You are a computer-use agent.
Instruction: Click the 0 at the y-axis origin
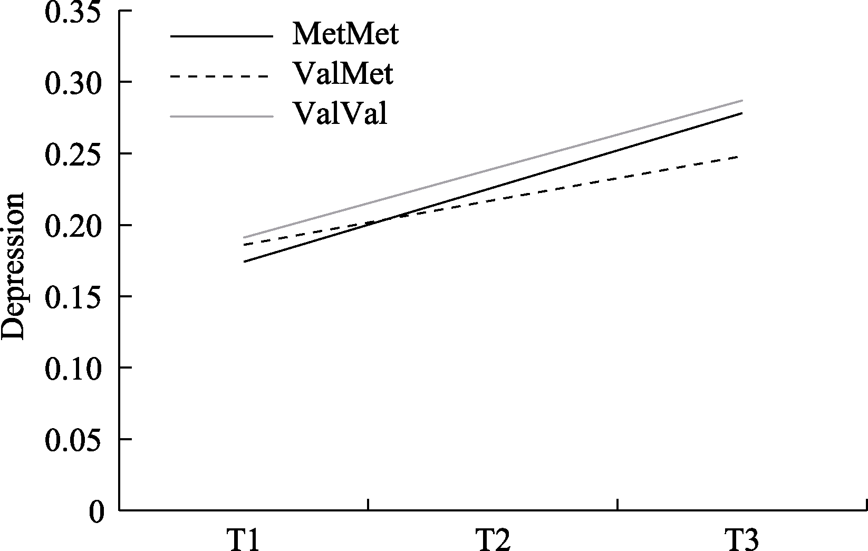pyautogui.click(x=97, y=511)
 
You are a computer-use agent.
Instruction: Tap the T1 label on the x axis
pyautogui.click(x=243, y=539)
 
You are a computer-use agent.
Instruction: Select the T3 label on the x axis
pyautogui.click(x=742, y=539)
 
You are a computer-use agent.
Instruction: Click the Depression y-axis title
pyautogui.click(x=14, y=266)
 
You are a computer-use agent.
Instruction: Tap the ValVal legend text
pyautogui.click(x=340, y=114)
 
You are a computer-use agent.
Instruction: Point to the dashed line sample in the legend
pyautogui.click(x=221, y=76)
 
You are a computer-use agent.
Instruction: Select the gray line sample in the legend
pyautogui.click(x=221, y=116)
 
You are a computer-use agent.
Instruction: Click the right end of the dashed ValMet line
pyautogui.click(x=742, y=157)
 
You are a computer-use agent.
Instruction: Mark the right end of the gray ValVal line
pyautogui.click(x=742, y=100)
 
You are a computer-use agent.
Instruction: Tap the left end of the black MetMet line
pyautogui.click(x=244, y=262)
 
